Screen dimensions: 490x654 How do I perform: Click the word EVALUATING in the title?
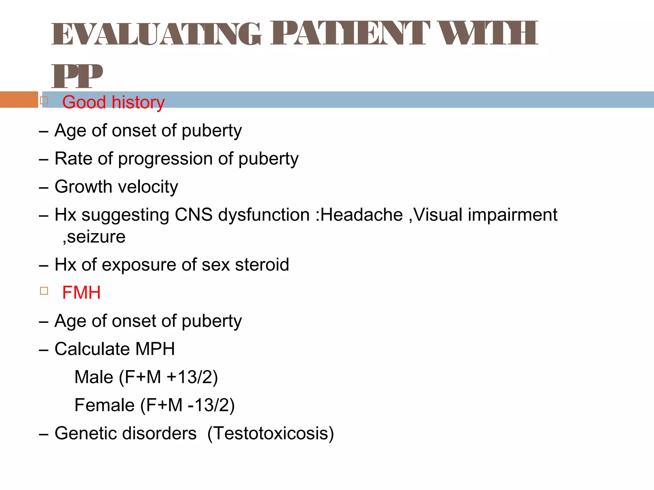pos(156,34)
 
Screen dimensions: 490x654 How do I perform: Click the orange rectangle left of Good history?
pos(19,100)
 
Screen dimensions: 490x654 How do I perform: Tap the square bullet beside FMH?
pos(44,291)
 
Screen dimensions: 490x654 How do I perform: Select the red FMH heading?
pos(81,293)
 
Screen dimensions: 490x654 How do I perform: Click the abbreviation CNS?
pos(194,215)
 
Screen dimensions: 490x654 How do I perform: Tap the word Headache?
pos(361,215)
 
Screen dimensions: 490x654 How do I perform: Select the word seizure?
pos(96,237)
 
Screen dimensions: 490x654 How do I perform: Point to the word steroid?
pos(262,265)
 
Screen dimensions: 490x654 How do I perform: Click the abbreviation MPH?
pos(155,349)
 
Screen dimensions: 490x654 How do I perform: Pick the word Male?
pos(94,377)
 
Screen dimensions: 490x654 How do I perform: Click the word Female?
pos(104,405)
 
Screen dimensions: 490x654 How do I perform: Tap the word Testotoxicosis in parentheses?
pos(270,434)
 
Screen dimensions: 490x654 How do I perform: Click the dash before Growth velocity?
pos(43,188)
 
